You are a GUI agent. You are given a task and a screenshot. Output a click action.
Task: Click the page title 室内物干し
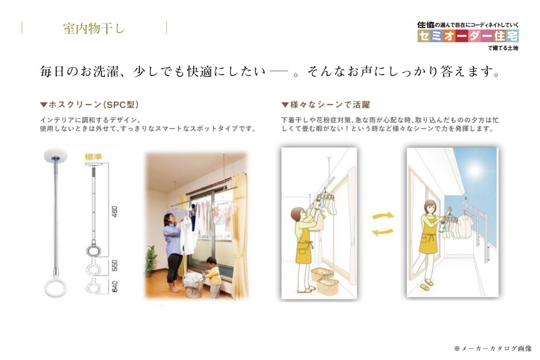coord(94,28)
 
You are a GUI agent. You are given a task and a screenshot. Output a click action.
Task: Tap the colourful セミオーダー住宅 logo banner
coord(468,36)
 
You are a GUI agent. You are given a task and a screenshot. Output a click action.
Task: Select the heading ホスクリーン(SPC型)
coord(90,105)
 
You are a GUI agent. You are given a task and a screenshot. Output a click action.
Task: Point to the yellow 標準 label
coord(94,157)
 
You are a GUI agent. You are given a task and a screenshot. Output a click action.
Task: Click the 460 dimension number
coord(115,211)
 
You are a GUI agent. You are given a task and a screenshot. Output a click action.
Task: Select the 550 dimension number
coord(115,265)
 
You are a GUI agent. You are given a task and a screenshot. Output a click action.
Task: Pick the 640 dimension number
coord(115,287)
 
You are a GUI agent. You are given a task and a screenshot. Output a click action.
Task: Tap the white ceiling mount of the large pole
coord(56,156)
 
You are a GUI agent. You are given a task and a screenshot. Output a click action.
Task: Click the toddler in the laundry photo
coord(213,277)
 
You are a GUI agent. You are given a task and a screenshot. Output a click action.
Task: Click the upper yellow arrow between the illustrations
coord(383,215)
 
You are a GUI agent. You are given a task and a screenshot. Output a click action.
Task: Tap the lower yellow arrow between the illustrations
coord(383,232)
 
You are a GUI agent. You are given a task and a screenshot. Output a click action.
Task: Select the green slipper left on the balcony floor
coord(425,287)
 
